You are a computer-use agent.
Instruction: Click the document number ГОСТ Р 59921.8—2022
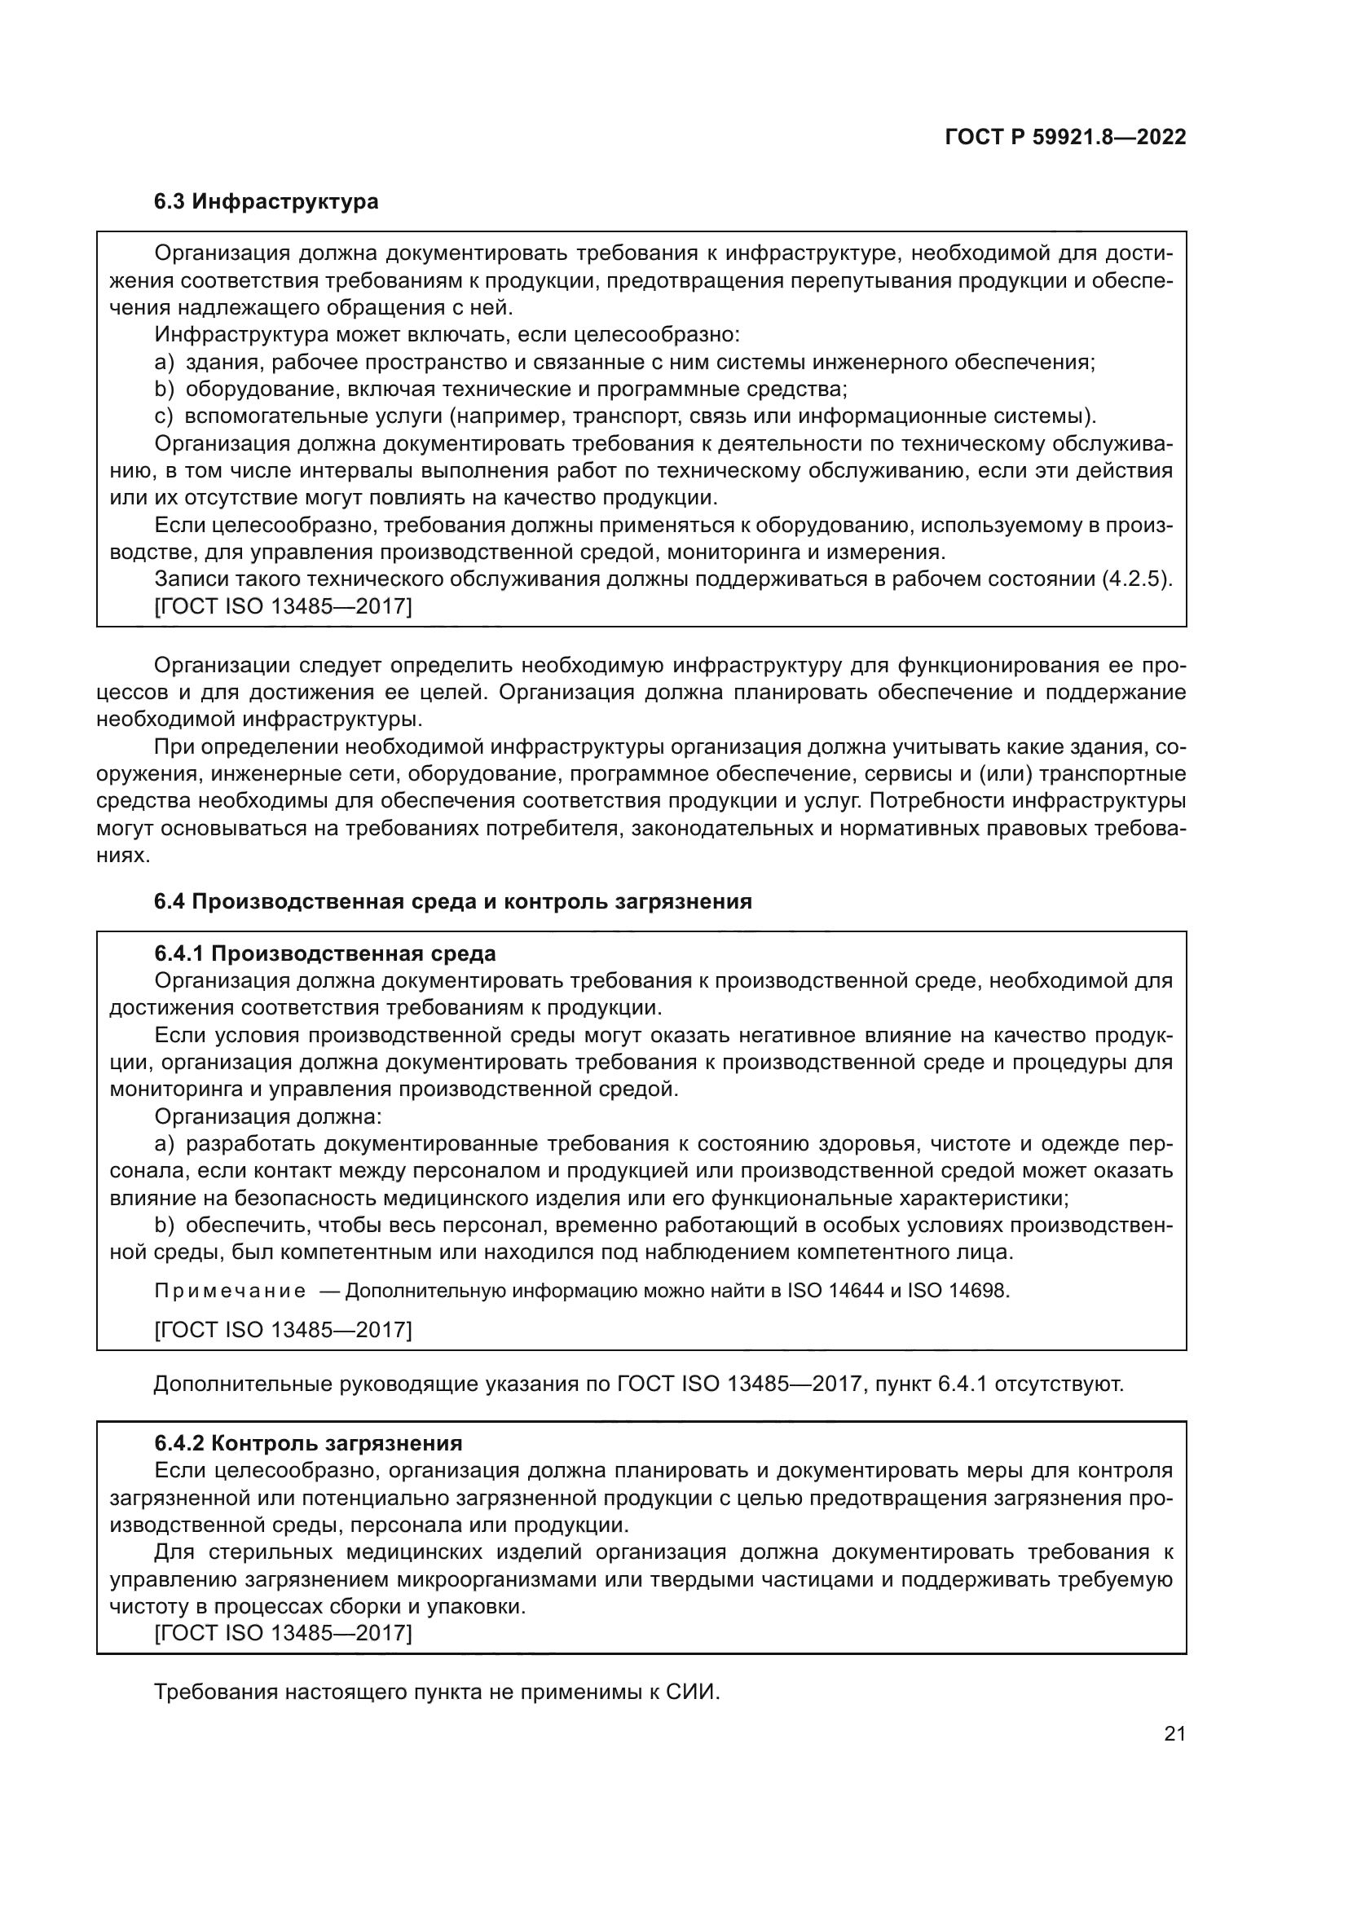(x=1065, y=137)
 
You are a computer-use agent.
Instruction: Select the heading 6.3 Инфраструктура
(x=266, y=202)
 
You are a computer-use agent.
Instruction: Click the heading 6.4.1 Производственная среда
(x=324, y=954)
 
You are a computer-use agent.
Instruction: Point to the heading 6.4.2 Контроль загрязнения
(x=308, y=1444)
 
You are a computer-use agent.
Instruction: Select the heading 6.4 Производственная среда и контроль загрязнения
(x=452, y=901)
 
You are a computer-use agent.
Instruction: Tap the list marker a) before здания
(x=164, y=363)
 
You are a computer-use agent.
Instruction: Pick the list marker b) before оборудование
(x=164, y=390)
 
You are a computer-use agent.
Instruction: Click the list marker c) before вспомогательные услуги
(x=163, y=416)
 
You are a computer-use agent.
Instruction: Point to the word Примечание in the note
(x=230, y=1291)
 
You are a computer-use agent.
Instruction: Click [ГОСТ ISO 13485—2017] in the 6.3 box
(x=283, y=607)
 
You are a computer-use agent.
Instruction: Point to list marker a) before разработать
(x=164, y=1145)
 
